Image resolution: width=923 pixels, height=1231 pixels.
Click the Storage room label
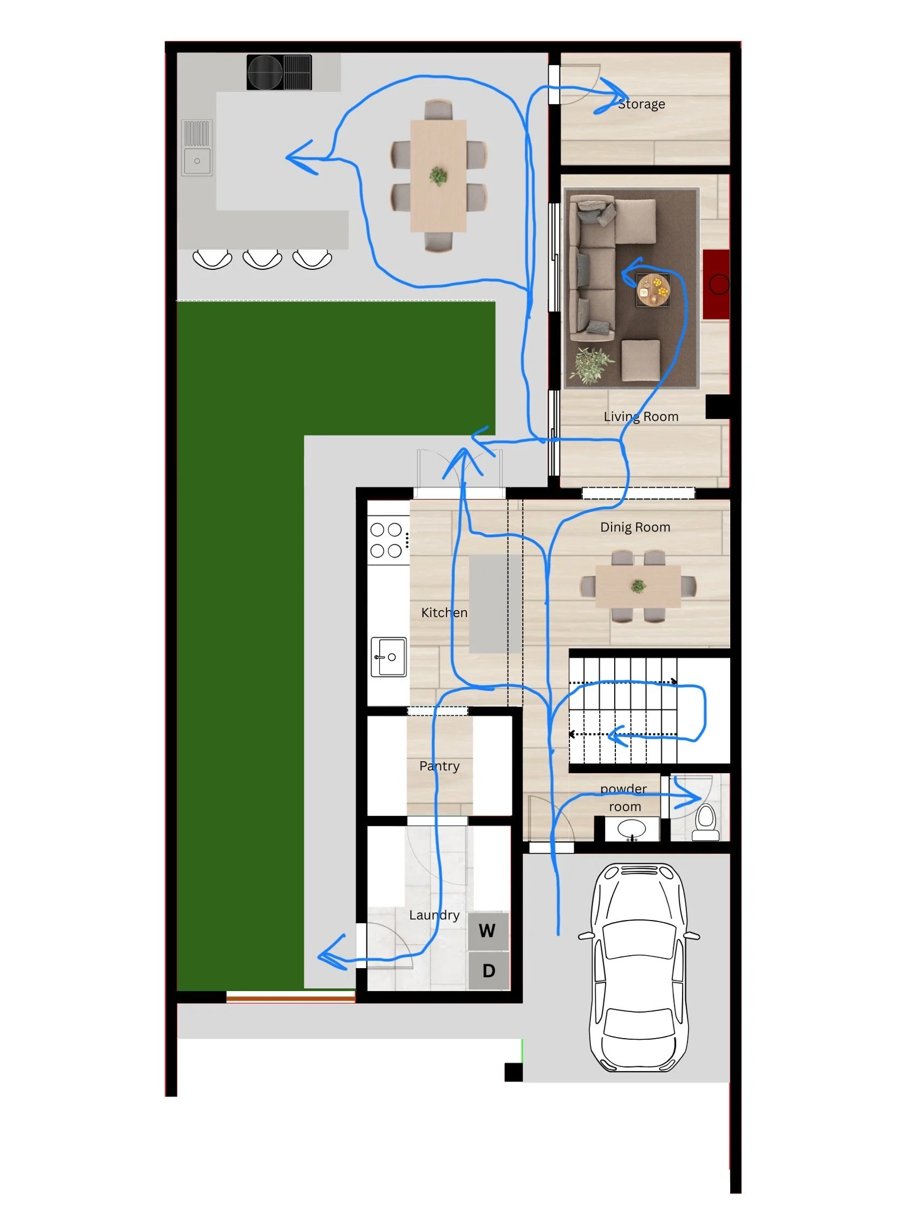tap(641, 104)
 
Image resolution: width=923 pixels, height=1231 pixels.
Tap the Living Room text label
tap(641, 416)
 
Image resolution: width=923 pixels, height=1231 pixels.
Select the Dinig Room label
tap(635, 527)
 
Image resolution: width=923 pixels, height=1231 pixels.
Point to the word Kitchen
tap(444, 612)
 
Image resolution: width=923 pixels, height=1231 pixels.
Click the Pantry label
tap(439, 766)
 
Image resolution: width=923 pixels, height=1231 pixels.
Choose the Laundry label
tap(434, 915)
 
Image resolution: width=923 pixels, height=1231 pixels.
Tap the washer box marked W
tap(487, 931)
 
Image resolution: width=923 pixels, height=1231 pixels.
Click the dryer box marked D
tap(489, 971)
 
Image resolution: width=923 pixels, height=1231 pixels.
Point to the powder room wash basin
tap(632, 828)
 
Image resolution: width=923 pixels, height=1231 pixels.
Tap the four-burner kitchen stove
tap(387, 540)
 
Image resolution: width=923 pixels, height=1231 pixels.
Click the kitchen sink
tap(388, 657)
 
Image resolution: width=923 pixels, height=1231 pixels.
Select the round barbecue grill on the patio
tap(266, 73)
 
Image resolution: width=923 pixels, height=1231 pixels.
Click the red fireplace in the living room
tap(717, 284)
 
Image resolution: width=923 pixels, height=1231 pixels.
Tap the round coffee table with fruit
tap(653, 290)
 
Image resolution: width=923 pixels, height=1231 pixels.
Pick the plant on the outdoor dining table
tap(438, 176)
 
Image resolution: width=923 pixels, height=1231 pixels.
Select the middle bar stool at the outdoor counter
tap(262, 259)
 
